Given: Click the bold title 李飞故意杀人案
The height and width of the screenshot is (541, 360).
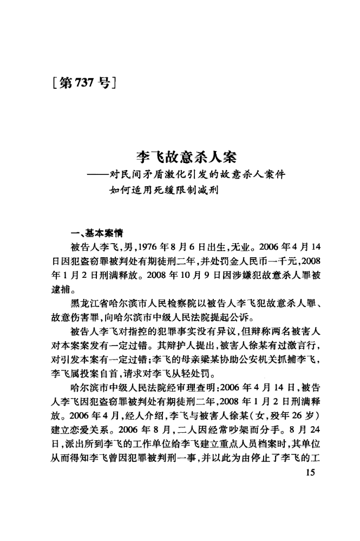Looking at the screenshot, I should (x=180, y=158).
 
